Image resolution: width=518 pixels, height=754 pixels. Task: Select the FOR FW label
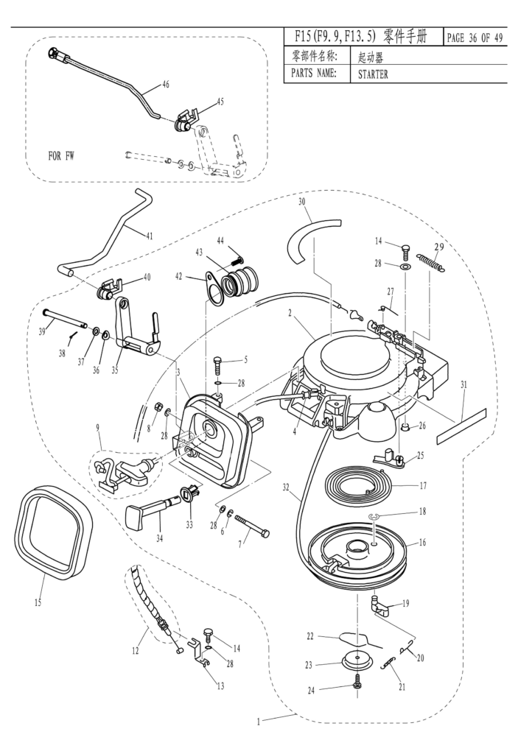tap(62, 155)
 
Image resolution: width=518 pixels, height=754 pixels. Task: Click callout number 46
tap(165, 85)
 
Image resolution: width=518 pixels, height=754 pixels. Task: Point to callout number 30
tap(301, 202)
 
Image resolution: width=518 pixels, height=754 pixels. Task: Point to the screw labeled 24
tap(355, 681)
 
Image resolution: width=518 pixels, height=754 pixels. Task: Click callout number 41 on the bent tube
tap(150, 236)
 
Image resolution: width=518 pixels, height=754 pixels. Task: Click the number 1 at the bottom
tap(258, 722)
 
